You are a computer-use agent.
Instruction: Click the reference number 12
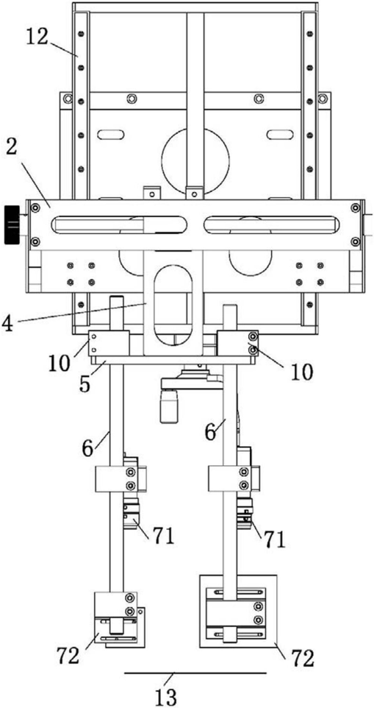pyautogui.click(x=37, y=38)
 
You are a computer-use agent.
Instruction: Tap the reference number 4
pyautogui.click(x=8, y=325)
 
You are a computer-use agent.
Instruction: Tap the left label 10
pyautogui.click(x=60, y=363)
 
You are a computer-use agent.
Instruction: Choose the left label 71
pyautogui.click(x=161, y=537)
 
